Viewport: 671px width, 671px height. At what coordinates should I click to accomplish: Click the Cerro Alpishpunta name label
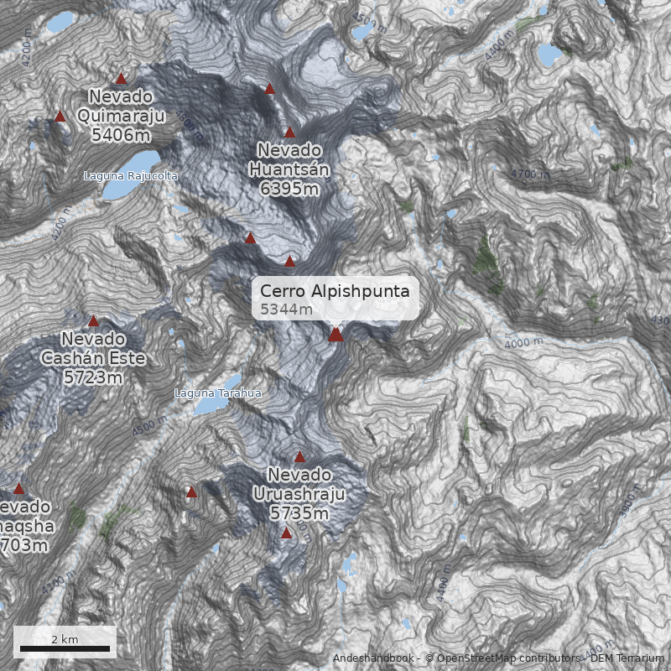coord(335,291)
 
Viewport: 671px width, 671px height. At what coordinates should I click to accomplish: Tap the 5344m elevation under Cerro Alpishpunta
coord(286,310)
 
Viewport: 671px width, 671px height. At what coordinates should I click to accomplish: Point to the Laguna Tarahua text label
coord(218,393)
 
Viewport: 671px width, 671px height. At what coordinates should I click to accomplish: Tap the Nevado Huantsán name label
coord(289,159)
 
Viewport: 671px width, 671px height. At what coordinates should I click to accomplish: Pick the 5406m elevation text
coord(122,134)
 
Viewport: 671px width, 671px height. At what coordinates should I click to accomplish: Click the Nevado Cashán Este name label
coord(92,348)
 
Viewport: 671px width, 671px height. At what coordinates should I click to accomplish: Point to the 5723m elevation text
coord(92,377)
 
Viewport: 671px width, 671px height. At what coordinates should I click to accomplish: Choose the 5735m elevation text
coord(299,512)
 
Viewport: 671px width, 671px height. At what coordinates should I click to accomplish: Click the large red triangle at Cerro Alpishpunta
coord(335,335)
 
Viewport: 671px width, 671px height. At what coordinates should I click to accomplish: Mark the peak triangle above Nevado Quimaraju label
coord(121,78)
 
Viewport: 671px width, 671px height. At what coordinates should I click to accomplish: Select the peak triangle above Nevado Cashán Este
coord(93,320)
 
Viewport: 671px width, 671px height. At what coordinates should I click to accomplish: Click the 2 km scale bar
coord(65,648)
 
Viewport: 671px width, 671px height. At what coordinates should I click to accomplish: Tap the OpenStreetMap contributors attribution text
coord(503,658)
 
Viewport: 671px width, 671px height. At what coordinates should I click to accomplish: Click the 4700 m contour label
coord(531,174)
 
